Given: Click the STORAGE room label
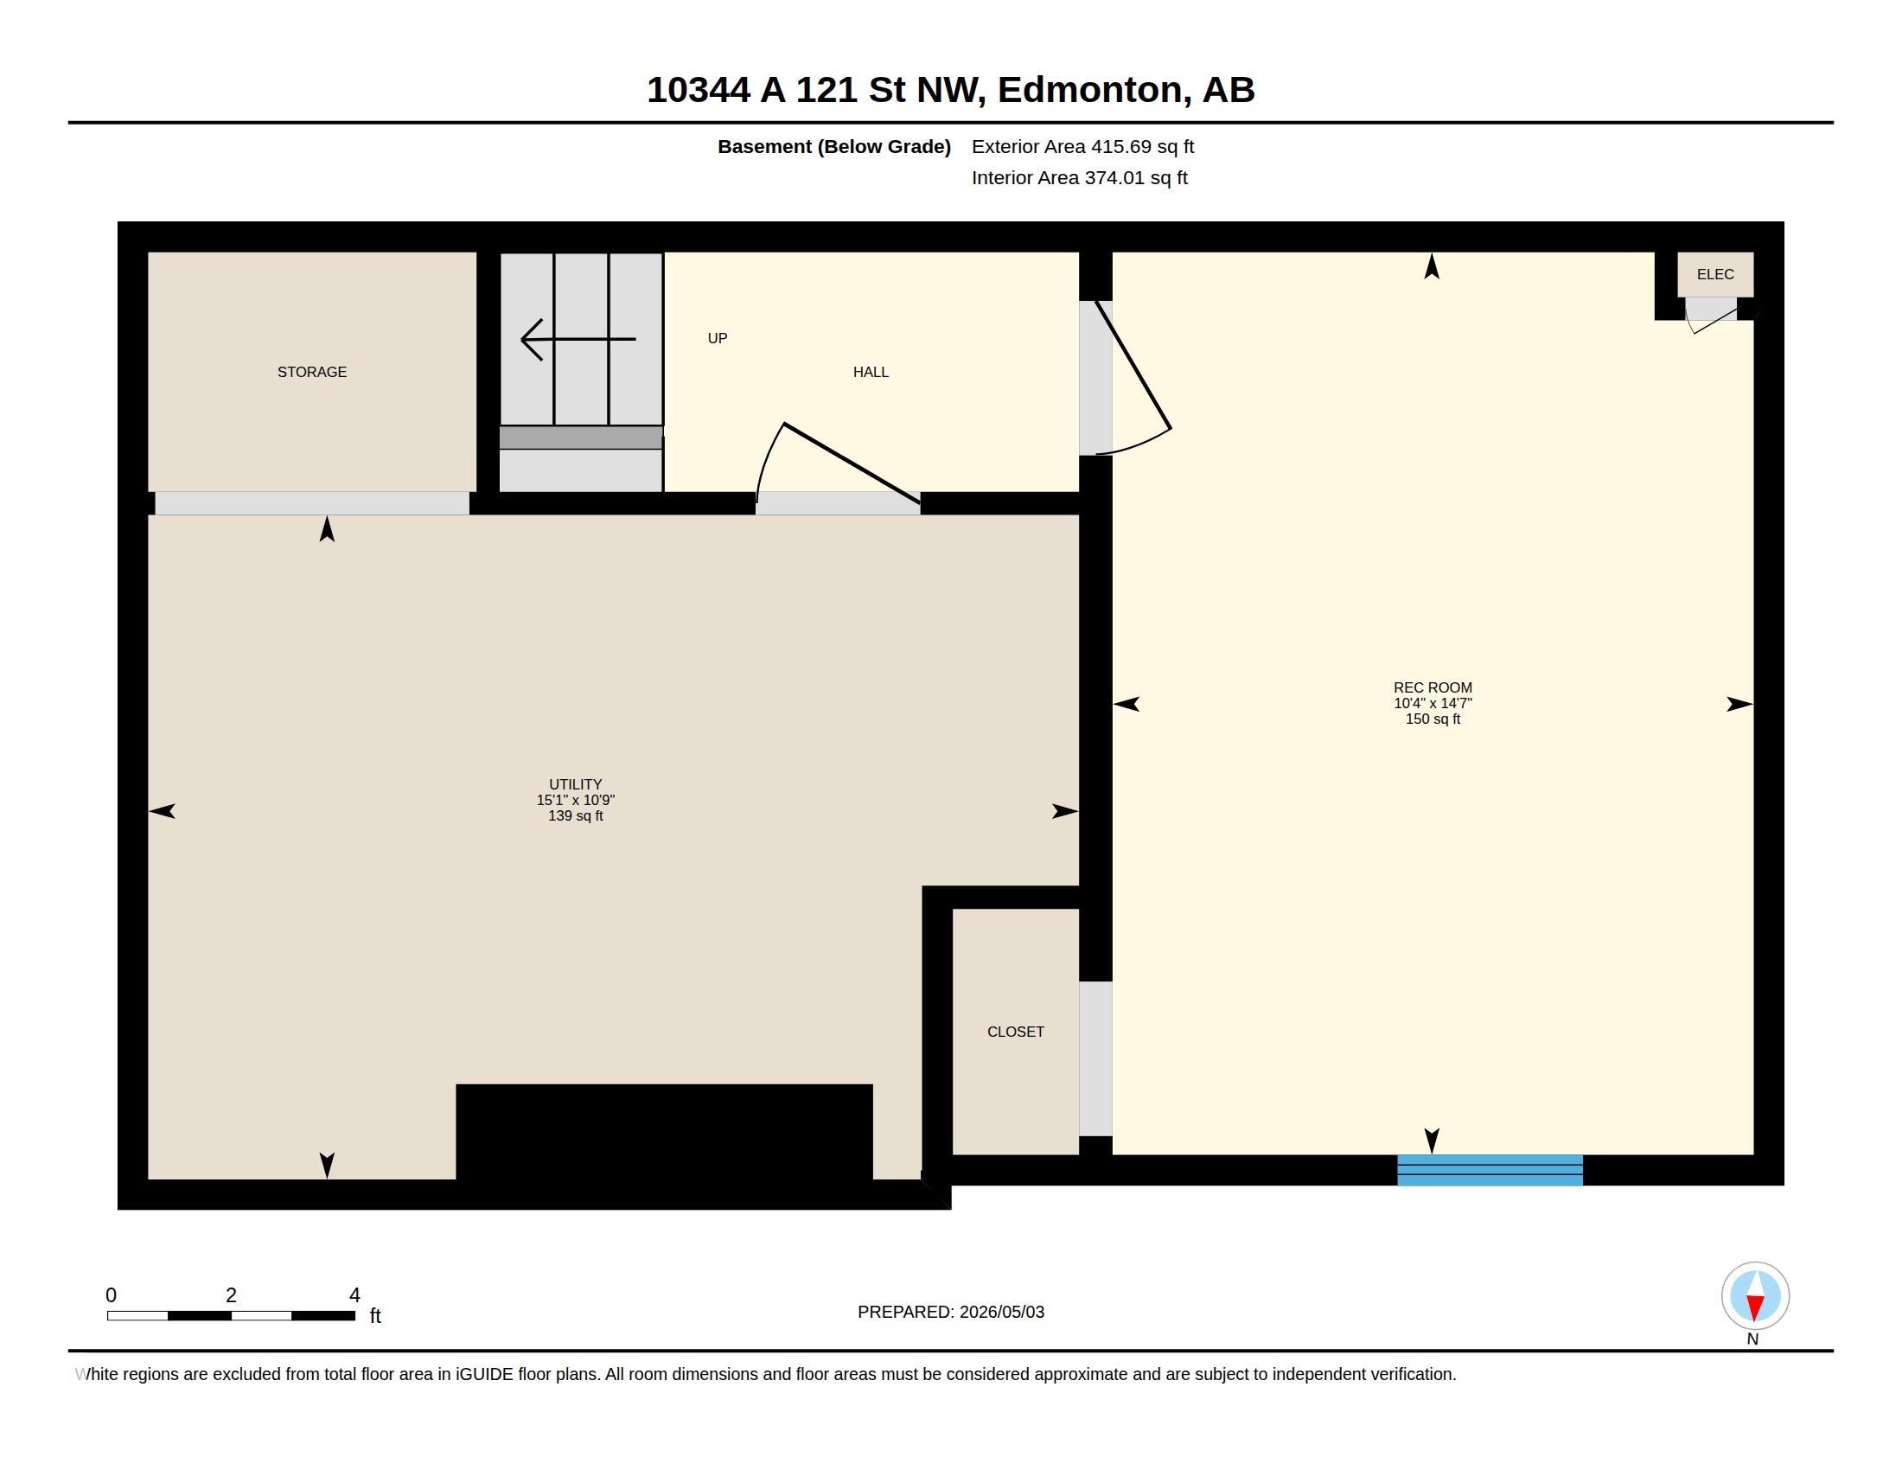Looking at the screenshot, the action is pos(312,372).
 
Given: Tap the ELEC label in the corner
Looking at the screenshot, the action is pos(1714,274).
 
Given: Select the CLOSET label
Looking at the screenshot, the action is pos(1016,1031).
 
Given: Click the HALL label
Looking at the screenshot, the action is pos(871,372).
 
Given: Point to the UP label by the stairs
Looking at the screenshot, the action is pos(718,338).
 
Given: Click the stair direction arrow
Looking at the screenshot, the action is pos(578,339).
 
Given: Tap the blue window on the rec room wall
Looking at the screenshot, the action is pos(1490,1170).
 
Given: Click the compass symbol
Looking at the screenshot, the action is pos(1755,1295).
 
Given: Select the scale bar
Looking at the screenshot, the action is pos(231,1315).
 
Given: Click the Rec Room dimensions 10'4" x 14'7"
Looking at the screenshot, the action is pos(1433,703).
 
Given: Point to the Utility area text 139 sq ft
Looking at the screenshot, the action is pos(576,816).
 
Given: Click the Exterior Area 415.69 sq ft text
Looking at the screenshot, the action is pos(1082,146).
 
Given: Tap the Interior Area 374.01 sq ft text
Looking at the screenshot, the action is pos(1079,177).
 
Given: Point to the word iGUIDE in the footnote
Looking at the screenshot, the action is pos(483,1374).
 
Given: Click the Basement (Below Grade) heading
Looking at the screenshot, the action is pos(833,146).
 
